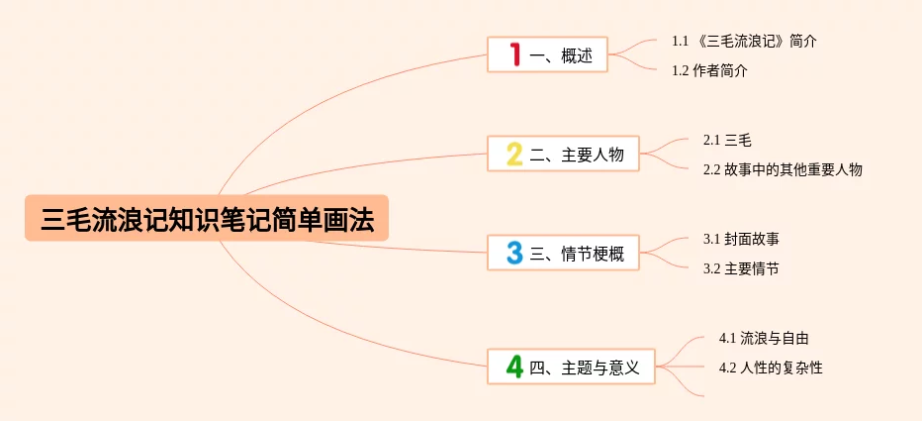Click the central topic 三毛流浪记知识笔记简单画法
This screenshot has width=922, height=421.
(x=207, y=219)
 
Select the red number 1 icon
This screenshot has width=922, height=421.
(x=514, y=54)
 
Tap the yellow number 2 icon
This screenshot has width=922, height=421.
(x=514, y=154)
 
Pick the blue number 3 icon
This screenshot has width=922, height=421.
(x=514, y=253)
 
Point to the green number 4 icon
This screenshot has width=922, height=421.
(x=514, y=368)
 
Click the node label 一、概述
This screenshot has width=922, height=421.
(x=561, y=55)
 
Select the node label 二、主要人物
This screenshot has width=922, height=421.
(x=577, y=155)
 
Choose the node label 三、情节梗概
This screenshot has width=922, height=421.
(x=577, y=254)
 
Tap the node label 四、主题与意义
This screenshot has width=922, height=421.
(x=585, y=368)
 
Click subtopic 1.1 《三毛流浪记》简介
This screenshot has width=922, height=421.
(x=744, y=41)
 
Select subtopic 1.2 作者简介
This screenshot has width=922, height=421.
(x=709, y=70)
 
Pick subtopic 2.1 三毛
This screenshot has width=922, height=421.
(x=720, y=140)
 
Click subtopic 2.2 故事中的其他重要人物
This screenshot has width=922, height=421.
(x=783, y=169)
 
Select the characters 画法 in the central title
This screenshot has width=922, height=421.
(x=351, y=219)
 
